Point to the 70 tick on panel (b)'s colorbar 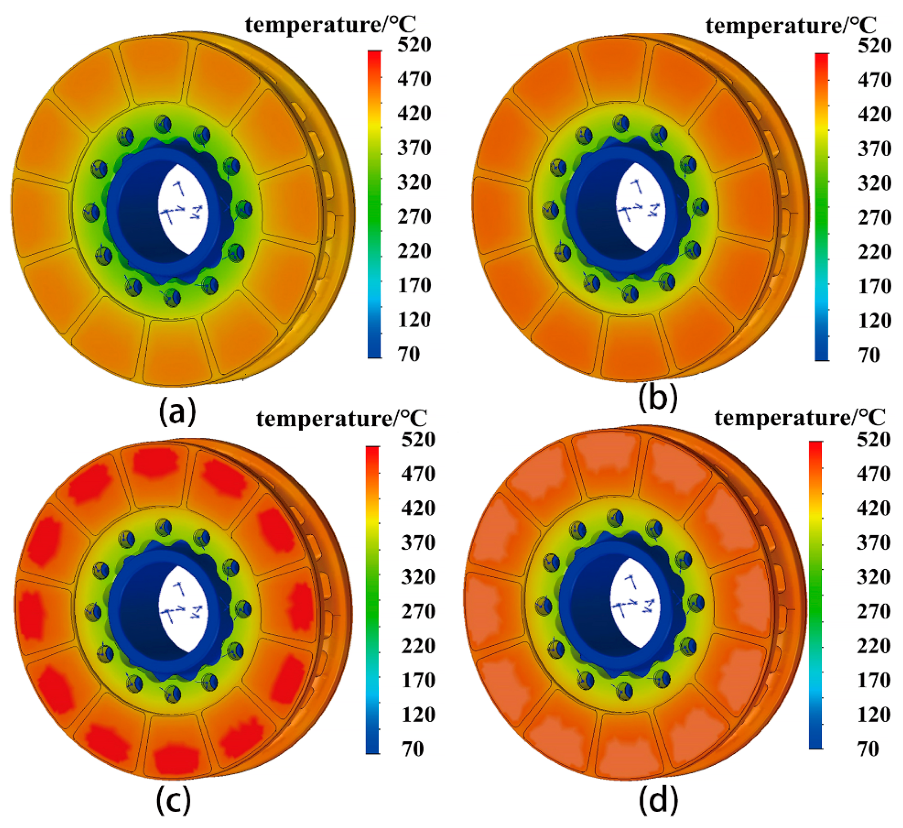tap(869, 355)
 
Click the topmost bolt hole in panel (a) tap(163, 124)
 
